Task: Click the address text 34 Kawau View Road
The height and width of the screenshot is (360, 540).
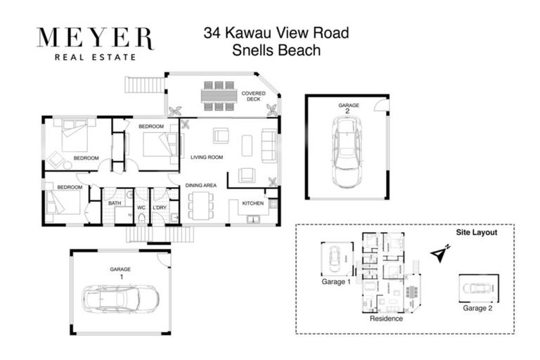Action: click(276, 33)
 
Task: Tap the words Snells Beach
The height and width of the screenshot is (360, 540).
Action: click(276, 50)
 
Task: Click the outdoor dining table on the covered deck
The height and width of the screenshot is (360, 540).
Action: click(217, 96)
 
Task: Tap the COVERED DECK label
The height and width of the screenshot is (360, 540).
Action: click(253, 96)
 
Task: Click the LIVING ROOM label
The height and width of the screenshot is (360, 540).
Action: click(207, 157)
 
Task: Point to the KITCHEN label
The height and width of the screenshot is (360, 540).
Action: click(253, 203)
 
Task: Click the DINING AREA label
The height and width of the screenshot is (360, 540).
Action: click(200, 186)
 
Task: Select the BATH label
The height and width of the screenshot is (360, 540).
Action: click(114, 204)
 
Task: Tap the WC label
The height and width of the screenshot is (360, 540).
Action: click(141, 207)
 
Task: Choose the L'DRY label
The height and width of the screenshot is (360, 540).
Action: click(159, 207)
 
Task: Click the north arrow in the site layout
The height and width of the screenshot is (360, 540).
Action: click(440, 255)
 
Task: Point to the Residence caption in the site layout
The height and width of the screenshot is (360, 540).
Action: click(387, 319)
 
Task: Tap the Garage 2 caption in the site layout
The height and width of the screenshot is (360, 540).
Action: click(478, 307)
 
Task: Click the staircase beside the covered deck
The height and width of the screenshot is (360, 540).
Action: click(144, 85)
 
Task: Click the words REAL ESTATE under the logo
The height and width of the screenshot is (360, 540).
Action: click(94, 57)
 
